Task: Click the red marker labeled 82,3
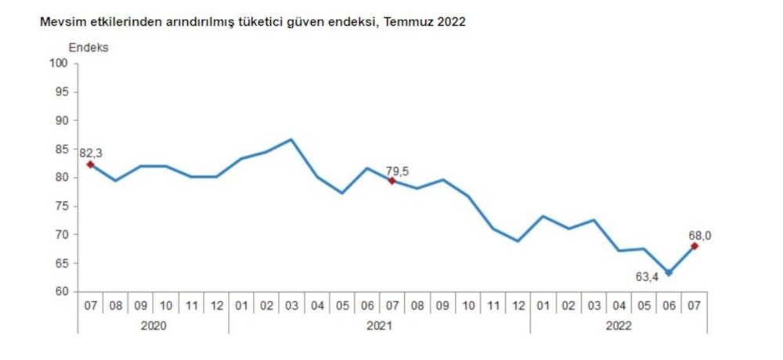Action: pyautogui.click(x=90, y=164)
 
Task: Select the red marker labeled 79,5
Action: pyautogui.click(x=391, y=181)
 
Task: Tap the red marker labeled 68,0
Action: pyautogui.click(x=695, y=247)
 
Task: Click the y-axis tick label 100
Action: pyautogui.click(x=60, y=63)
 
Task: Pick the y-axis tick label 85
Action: pyautogui.click(x=62, y=149)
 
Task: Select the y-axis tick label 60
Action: pyautogui.click(x=62, y=292)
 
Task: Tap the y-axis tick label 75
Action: pyautogui.click(x=62, y=206)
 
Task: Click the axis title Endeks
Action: pyautogui.click(x=88, y=47)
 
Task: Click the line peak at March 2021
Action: pyautogui.click(x=291, y=139)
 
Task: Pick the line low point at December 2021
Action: pyautogui.click(x=518, y=241)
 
